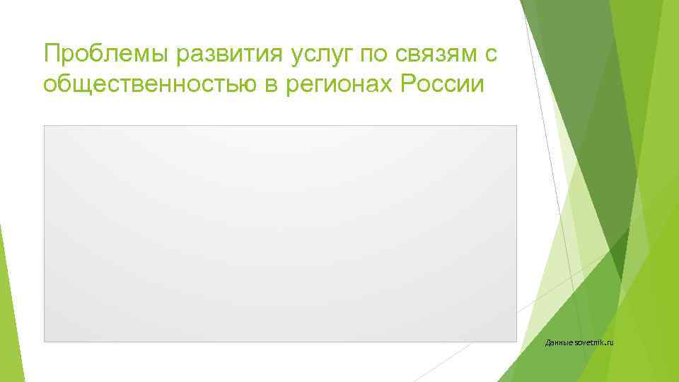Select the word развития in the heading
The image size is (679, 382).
(x=210, y=54)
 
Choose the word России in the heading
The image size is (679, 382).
(x=442, y=85)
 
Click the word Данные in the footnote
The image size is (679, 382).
(x=561, y=343)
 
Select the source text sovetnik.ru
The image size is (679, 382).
(x=596, y=343)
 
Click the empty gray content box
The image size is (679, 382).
(x=280, y=233)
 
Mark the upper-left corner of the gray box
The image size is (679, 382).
(x=45, y=127)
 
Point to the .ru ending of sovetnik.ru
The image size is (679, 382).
(x=610, y=343)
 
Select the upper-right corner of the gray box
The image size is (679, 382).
(x=516, y=127)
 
